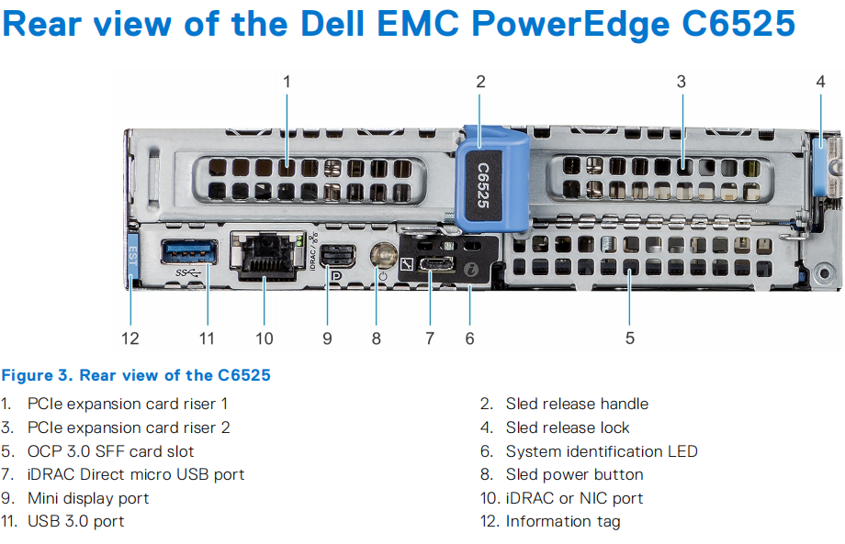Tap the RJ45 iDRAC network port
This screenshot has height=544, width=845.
tap(265, 255)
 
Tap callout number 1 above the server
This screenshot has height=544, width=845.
tap(287, 82)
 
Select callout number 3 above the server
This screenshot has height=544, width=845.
tap(681, 82)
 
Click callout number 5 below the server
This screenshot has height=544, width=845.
tap(630, 338)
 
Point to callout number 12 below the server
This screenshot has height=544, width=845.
tap(130, 338)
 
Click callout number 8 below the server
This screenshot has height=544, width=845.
tap(377, 338)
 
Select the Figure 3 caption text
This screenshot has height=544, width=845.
tap(136, 375)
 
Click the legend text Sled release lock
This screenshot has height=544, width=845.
tap(568, 427)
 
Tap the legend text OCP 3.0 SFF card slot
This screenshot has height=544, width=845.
tap(110, 451)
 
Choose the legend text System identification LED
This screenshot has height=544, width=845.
tap(602, 451)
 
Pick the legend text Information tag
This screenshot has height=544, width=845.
tap(563, 521)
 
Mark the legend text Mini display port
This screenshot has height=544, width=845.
tap(88, 498)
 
